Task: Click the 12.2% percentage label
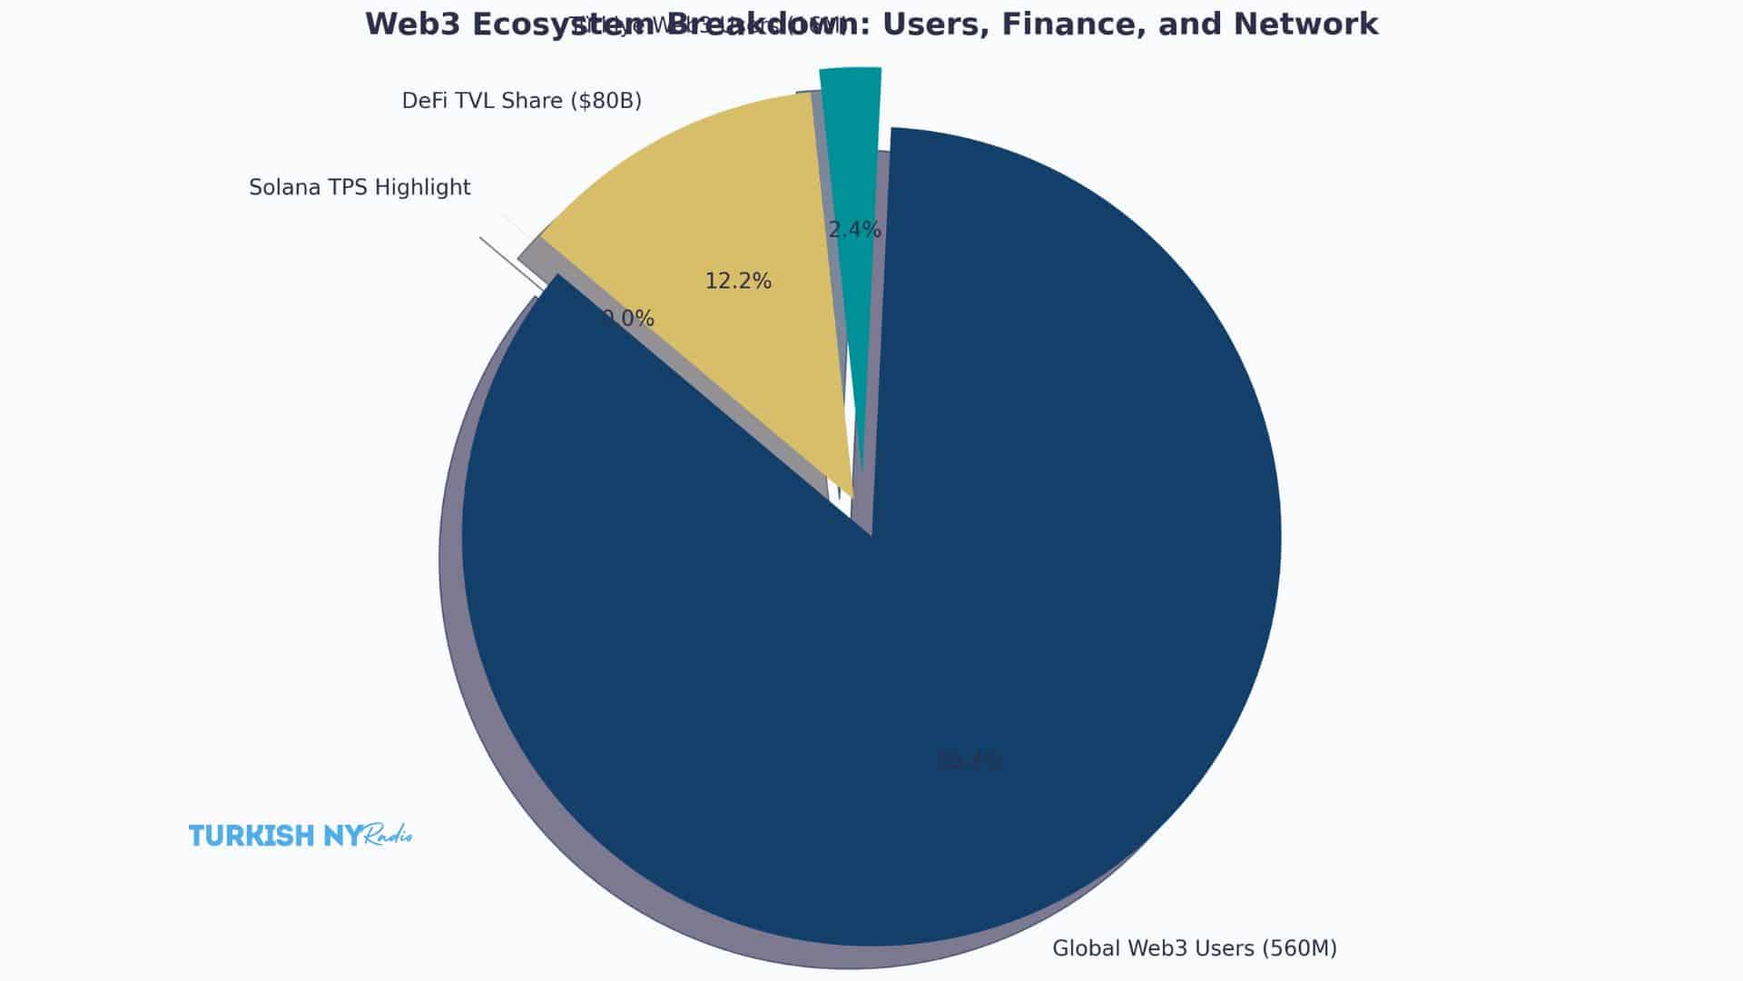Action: (738, 282)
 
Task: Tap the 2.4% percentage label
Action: (854, 230)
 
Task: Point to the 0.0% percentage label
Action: (628, 319)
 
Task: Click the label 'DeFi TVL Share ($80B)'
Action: (521, 101)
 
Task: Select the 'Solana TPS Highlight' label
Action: (359, 188)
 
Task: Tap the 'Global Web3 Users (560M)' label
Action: (1194, 948)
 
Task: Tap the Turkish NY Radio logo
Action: (300, 836)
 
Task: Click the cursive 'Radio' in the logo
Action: (388, 836)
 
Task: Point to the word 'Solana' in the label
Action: (280, 188)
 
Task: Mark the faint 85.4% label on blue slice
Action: (969, 760)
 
